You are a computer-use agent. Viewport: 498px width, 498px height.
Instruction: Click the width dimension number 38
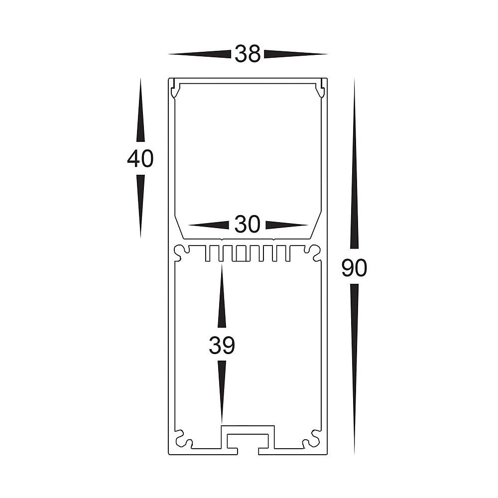coord(248,54)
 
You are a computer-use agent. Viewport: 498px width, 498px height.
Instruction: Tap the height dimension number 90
coord(354,268)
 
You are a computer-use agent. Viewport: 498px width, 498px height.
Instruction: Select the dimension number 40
coord(140,159)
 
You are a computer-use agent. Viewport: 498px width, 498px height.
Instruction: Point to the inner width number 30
coord(248,225)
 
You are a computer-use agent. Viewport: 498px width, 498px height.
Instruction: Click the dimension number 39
coord(222,346)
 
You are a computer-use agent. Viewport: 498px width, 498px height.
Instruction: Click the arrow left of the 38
coord(200,54)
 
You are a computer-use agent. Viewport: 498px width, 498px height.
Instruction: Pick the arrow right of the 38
coord(295,54)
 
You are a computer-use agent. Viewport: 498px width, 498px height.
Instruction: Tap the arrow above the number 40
coord(140,112)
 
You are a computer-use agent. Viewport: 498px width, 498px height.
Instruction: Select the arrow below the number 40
coord(140,204)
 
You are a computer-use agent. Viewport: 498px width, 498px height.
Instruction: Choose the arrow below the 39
coord(222,391)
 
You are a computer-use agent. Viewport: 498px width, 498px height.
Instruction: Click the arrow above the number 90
coord(354,164)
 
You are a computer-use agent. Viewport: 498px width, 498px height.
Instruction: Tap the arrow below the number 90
coord(354,369)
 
